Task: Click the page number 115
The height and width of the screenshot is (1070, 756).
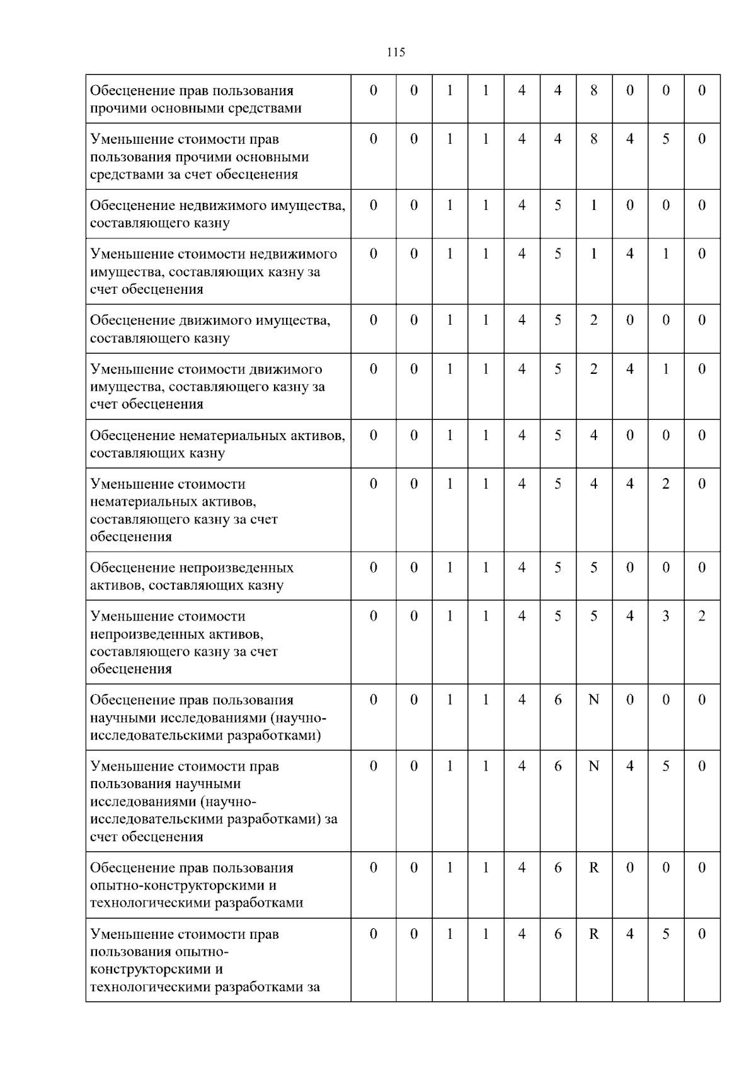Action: [x=396, y=52]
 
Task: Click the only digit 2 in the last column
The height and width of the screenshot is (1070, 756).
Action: [x=702, y=616]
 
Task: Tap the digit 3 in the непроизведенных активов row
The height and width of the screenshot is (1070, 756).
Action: [x=666, y=616]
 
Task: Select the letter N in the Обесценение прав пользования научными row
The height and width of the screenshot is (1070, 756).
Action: [x=593, y=700]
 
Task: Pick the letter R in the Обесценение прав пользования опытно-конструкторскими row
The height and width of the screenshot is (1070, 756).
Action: [x=593, y=868]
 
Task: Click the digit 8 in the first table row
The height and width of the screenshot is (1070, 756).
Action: [x=593, y=90]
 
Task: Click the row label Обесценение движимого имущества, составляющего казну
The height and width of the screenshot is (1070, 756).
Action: [x=210, y=329]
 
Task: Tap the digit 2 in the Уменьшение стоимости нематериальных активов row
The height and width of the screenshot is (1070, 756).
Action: [x=666, y=484]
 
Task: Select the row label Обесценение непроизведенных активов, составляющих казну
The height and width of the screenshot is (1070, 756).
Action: [x=192, y=576]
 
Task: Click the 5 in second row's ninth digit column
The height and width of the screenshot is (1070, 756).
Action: [x=666, y=139]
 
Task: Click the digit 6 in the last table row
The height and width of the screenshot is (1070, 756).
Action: [x=558, y=934]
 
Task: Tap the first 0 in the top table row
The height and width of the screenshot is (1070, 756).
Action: [x=373, y=90]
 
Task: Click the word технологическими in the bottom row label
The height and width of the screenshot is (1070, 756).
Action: [x=151, y=987]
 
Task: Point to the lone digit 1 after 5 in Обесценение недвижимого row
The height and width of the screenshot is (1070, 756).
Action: [x=593, y=206]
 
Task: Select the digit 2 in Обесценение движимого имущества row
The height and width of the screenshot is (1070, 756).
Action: [x=593, y=320]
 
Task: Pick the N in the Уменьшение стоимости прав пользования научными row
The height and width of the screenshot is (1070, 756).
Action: [x=593, y=766]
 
